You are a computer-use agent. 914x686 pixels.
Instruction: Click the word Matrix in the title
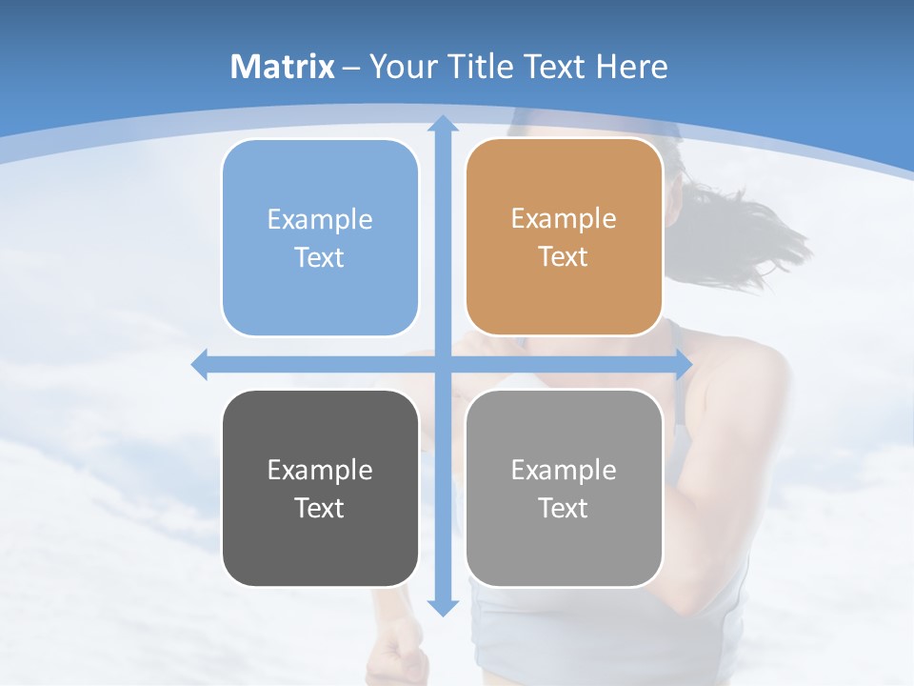tap(283, 67)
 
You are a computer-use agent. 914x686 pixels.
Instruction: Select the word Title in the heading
tap(484, 67)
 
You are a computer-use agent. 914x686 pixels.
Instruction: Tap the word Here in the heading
tap(631, 67)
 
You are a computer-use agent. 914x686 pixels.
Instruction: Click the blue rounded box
tap(320, 237)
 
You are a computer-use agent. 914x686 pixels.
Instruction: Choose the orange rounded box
tap(564, 237)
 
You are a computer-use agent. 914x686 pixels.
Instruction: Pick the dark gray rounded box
tap(320, 488)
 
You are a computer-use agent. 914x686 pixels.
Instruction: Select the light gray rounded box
tap(564, 488)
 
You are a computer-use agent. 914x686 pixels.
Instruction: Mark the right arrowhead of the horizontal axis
tap(683, 364)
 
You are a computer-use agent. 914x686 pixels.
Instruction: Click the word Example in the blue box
tap(320, 220)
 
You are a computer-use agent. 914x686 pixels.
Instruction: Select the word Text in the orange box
tap(564, 257)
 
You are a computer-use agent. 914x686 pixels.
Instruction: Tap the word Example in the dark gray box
tap(320, 470)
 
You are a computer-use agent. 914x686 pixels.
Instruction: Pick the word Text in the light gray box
tap(564, 508)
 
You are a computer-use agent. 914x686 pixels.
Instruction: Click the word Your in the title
tap(397, 67)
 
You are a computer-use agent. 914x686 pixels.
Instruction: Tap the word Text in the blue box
tap(320, 257)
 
